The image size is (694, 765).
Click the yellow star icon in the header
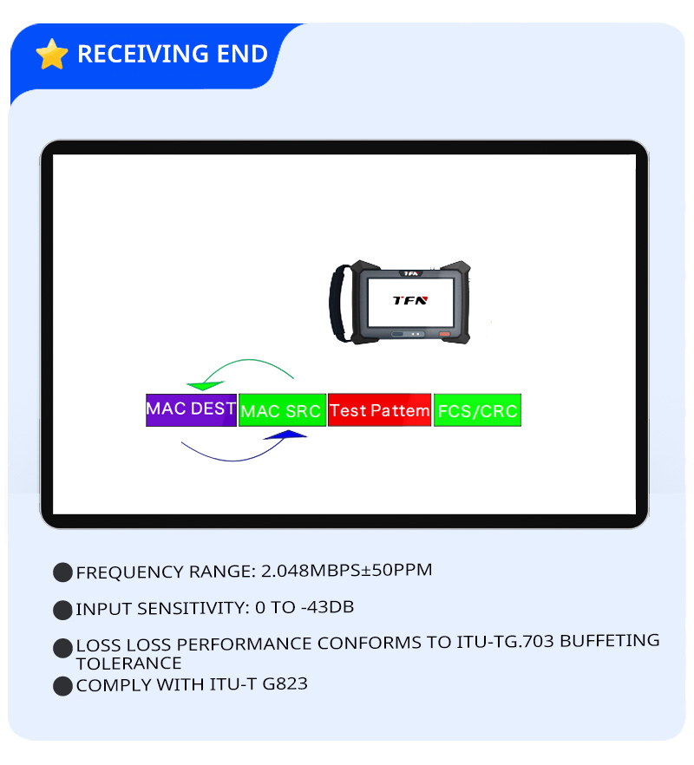(x=52, y=54)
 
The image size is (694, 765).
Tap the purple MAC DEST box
(x=191, y=409)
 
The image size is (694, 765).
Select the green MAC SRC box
(x=282, y=410)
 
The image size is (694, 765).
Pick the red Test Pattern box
(x=380, y=410)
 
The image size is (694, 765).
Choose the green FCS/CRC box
(x=477, y=410)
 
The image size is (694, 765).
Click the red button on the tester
(x=445, y=335)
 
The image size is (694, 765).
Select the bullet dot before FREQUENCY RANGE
(x=62, y=572)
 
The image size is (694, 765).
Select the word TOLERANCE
(x=129, y=663)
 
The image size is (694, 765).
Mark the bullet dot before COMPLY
(x=62, y=685)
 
